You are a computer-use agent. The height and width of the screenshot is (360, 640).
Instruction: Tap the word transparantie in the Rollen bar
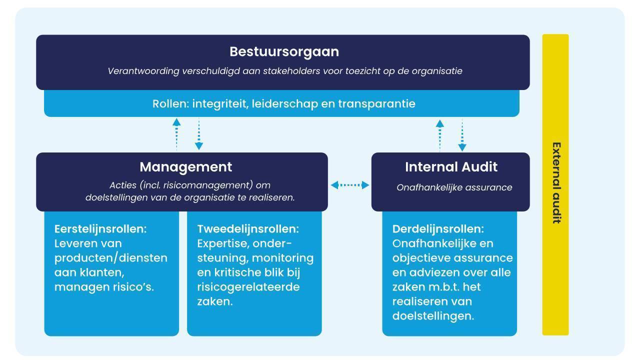(x=376, y=104)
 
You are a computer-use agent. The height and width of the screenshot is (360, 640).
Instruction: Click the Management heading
(x=185, y=167)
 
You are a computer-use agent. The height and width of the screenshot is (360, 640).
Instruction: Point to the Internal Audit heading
(x=451, y=167)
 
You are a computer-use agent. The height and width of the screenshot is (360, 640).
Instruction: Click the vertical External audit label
(x=556, y=183)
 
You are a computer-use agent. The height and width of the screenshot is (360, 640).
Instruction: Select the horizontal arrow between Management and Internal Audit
(x=349, y=185)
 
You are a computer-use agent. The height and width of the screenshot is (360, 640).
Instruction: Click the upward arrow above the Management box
(x=176, y=134)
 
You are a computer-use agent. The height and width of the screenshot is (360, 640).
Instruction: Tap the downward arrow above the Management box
(x=199, y=134)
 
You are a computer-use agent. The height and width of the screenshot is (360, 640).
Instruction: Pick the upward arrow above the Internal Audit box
(x=439, y=135)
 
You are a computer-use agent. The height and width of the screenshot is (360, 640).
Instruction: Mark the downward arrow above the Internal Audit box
(x=462, y=135)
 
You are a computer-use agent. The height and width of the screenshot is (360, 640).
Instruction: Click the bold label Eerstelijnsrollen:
(x=100, y=229)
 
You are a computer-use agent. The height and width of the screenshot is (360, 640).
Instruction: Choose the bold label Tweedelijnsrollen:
(x=248, y=229)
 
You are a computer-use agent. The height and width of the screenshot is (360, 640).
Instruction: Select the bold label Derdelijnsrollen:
(x=438, y=229)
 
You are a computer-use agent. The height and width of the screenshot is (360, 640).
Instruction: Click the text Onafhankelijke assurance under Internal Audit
(x=454, y=187)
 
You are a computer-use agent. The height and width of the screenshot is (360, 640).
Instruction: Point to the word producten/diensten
(x=111, y=258)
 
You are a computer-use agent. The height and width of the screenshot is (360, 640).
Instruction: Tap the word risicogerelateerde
(x=248, y=287)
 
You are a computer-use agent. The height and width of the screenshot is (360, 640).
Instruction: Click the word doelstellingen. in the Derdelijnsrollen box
(x=433, y=316)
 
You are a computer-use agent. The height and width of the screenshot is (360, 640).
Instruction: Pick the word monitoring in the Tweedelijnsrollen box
(x=283, y=258)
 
